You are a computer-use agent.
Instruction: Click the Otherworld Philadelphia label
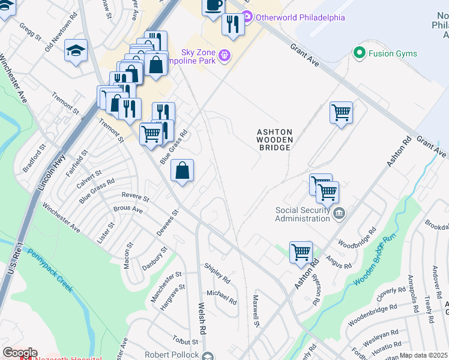click(x=300, y=17)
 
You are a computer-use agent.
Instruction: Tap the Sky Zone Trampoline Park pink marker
click(x=225, y=56)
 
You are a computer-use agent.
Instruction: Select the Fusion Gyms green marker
click(x=360, y=53)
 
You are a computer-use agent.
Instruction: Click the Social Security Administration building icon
click(x=339, y=214)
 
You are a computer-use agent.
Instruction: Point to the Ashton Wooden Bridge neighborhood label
click(x=274, y=139)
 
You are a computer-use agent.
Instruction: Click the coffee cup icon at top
click(x=213, y=6)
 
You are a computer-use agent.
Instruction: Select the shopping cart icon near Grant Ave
click(x=341, y=112)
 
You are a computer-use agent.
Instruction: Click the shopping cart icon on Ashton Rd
click(x=301, y=251)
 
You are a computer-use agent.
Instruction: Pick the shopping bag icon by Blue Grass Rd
click(x=182, y=170)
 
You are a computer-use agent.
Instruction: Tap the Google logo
click(x=19, y=353)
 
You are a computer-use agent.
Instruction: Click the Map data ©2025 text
click(x=424, y=355)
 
